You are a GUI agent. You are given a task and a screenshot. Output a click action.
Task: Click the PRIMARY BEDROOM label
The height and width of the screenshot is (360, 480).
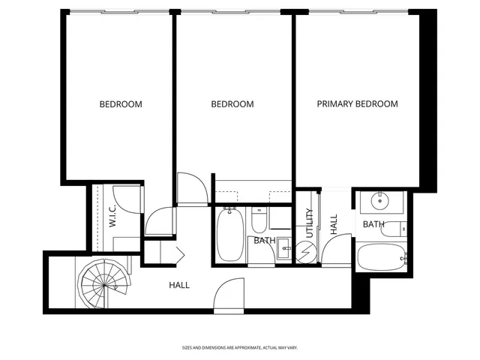pos(357,104)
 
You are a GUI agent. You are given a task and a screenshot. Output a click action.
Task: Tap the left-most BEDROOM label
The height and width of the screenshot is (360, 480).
pos(121,104)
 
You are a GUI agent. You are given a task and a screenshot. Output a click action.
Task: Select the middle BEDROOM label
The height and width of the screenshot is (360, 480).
pos(232,104)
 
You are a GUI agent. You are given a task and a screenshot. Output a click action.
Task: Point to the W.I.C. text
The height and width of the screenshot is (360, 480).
pos(112,217)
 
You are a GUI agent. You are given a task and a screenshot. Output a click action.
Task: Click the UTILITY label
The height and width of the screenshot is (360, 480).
pos(309,223)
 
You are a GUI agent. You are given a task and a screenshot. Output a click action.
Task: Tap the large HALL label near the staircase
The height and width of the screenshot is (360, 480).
pos(178,286)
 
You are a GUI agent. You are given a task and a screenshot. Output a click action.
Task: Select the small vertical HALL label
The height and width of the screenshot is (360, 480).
pos(334,223)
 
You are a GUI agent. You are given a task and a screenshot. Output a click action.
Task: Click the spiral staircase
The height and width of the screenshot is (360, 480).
pos(103,282)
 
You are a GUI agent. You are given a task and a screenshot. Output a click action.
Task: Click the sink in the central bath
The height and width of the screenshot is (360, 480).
pos(284,249)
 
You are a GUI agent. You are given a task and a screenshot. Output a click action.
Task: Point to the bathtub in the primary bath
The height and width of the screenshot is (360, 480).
pos(382,258)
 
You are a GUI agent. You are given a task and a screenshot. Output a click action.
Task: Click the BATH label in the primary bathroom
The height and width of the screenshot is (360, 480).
pos(374,224)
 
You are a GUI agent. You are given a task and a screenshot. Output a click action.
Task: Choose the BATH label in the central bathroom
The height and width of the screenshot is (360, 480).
pos(263,241)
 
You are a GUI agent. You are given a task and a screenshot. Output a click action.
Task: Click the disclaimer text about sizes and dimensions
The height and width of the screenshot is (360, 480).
pos(240,347)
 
